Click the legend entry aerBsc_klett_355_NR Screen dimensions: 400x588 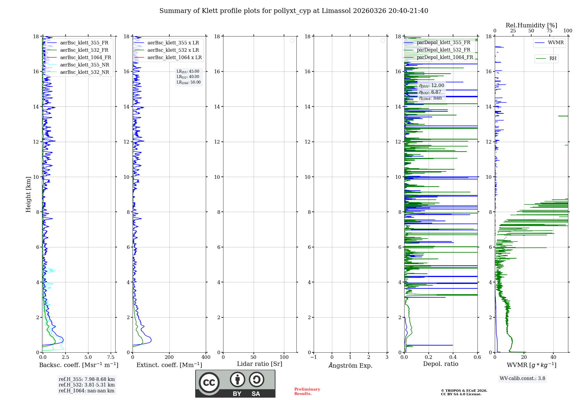(84, 65)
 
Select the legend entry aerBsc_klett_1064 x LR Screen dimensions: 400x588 (174, 57)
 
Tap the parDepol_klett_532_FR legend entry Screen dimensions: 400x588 (443, 50)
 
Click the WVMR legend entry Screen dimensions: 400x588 (556, 43)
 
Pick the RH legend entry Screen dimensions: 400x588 (553, 59)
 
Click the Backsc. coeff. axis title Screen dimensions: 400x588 (78, 365)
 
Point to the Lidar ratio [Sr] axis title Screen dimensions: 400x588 (260, 364)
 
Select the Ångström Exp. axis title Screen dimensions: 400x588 (350, 365)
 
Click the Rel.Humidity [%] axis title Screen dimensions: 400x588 (531, 25)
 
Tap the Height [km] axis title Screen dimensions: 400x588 (28, 194)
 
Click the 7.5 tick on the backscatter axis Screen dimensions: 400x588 (111, 357)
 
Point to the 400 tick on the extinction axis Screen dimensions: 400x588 (206, 357)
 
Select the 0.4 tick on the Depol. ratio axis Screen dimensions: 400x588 (453, 357)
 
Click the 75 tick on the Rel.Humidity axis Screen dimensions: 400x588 (549, 31)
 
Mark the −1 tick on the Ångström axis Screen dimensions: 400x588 (313, 357)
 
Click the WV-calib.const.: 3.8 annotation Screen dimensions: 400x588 (522, 379)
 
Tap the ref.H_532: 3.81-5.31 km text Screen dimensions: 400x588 (86, 385)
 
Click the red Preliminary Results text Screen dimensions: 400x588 (307, 391)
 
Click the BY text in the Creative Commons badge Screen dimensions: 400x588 (237, 394)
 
